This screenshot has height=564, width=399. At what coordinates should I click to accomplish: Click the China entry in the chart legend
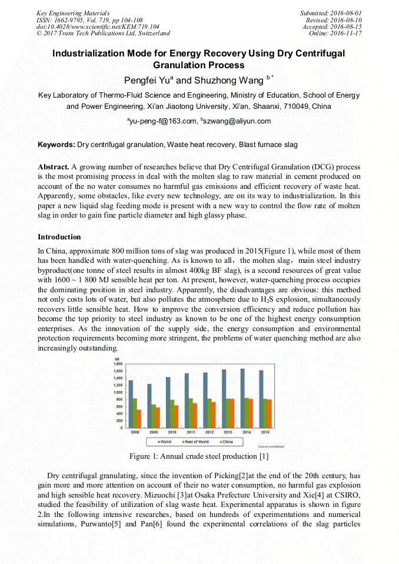(227, 441)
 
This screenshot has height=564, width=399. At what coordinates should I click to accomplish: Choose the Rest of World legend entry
(194, 441)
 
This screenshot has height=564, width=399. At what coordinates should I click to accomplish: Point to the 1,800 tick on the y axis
(118, 364)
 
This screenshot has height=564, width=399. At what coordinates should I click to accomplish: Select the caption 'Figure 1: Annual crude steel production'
(199, 456)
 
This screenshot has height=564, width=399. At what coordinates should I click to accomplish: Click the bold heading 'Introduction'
(59, 237)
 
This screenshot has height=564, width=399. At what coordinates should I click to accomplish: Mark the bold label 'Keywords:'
(56, 144)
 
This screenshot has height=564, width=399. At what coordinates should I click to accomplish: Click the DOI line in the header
(98, 26)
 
